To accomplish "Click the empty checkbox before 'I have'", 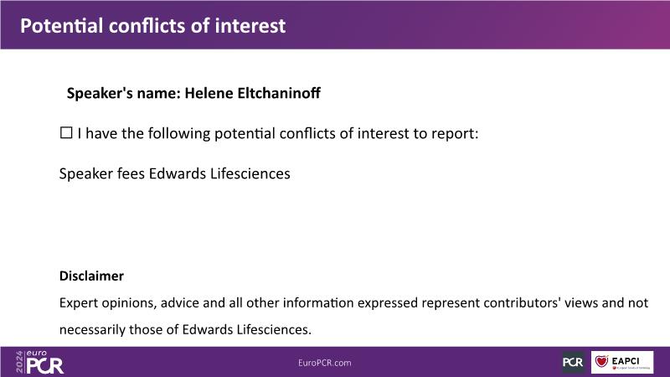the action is (66, 133).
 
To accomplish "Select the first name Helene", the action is (209, 93).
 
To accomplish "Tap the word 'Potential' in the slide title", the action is (61, 26).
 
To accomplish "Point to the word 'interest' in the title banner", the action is (250, 26).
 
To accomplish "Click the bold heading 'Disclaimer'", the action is (91, 276).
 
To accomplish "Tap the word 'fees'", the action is (131, 173).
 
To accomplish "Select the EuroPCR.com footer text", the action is (325, 363).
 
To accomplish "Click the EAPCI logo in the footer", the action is (622, 362).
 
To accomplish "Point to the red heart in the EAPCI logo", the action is (601, 362).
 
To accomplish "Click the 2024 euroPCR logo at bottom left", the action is (39, 362).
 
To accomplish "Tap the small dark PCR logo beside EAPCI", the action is (573, 362).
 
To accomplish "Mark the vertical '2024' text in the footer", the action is (19, 362).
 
